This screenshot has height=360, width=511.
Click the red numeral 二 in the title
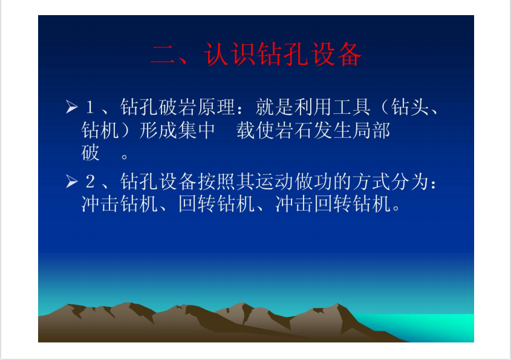164,55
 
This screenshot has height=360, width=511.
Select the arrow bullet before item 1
71,106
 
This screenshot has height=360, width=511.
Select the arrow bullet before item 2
71,182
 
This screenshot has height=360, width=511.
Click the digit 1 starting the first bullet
90,107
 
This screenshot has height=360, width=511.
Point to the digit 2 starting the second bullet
90,182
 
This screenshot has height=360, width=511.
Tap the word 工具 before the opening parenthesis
351,107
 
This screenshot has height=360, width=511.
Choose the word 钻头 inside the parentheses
409,107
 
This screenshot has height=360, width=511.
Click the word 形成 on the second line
158,131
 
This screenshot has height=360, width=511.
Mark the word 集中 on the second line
197,131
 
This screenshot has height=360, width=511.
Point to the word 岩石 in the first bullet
293,131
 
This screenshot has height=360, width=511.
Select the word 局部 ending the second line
371,131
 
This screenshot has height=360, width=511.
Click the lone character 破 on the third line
90,152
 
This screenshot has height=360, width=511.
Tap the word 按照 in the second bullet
216,182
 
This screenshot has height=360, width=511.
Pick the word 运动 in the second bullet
274,182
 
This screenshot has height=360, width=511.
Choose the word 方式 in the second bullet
371,182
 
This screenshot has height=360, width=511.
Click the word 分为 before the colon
409,182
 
